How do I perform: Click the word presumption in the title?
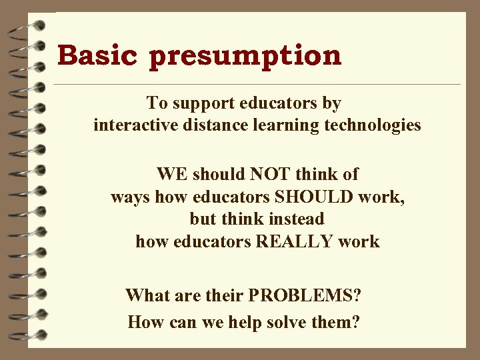245,57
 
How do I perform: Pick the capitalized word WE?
173,175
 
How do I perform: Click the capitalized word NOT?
270,175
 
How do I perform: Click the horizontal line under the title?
257,85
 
